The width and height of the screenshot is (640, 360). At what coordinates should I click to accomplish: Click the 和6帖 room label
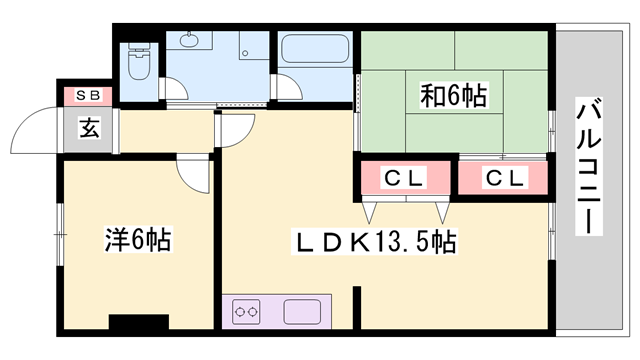[452, 96]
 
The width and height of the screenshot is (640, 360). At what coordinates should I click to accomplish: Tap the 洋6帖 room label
[137, 239]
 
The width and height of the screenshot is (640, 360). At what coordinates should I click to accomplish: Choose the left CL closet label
[406, 178]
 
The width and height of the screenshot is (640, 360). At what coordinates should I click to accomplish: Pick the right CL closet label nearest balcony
[504, 178]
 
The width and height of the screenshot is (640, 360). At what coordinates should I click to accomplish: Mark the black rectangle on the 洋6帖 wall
[138, 322]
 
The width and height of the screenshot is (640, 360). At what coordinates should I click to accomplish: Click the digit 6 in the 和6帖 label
[452, 96]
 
